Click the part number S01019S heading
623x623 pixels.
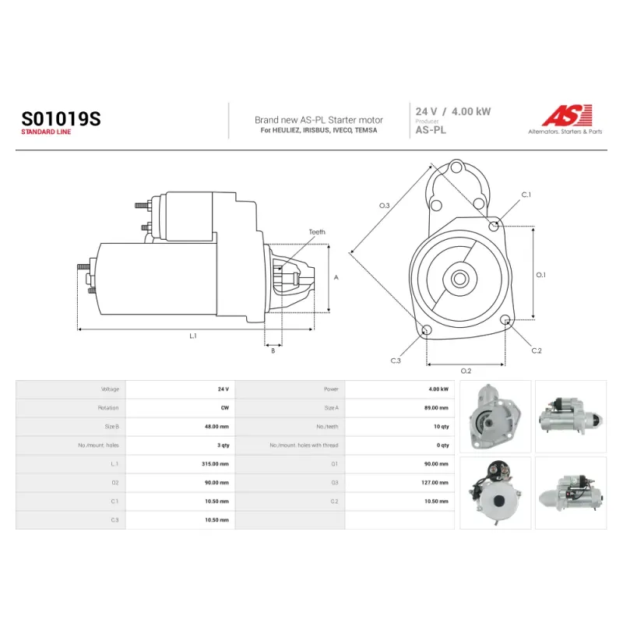(62, 118)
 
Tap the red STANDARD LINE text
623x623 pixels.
(46, 132)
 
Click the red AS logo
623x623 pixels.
(567, 115)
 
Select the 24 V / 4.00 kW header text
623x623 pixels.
(453, 111)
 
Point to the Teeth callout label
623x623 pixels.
(317, 232)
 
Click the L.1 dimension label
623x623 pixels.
(193, 336)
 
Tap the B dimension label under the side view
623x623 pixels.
(273, 351)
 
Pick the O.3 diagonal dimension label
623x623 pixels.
(384, 206)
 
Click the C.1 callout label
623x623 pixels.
(526, 195)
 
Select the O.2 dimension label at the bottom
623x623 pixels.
(466, 371)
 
